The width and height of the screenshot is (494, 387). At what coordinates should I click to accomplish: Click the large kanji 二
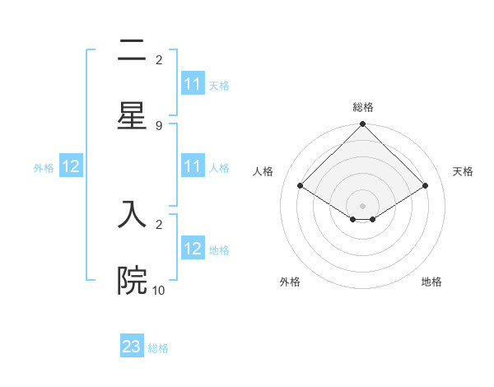pyautogui.click(x=132, y=53)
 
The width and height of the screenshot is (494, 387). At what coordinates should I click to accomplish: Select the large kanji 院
pyautogui.click(x=132, y=281)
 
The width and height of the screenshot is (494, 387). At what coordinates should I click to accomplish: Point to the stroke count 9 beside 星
pyautogui.click(x=158, y=126)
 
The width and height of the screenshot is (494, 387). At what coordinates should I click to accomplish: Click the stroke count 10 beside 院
pyautogui.click(x=159, y=290)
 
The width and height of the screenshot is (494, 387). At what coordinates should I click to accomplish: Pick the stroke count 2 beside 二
pyautogui.click(x=158, y=60)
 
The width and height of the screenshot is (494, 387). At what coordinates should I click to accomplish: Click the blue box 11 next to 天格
pyautogui.click(x=193, y=84)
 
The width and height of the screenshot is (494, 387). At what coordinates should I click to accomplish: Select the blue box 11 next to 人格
pyautogui.click(x=193, y=166)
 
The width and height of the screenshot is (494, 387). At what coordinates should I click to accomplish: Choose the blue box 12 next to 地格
pyautogui.click(x=193, y=249)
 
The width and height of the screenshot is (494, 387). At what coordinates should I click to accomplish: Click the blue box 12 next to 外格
pyautogui.click(x=71, y=166)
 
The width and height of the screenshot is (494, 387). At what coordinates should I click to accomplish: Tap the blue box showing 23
pyautogui.click(x=132, y=347)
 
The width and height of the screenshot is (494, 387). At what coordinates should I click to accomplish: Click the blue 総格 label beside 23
pyautogui.click(x=158, y=348)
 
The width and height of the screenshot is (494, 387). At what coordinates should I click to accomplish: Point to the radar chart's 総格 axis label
pyautogui.click(x=363, y=107)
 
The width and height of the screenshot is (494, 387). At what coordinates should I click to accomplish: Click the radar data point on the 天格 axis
pyautogui.click(x=426, y=185)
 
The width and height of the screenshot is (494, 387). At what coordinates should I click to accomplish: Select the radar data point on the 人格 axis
pyautogui.click(x=300, y=185)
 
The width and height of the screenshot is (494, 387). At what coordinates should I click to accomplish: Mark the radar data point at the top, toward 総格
pyautogui.click(x=363, y=125)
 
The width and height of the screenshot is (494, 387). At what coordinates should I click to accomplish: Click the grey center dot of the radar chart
pyautogui.click(x=363, y=205)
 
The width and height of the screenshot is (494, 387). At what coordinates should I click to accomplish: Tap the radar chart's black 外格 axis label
pyautogui.click(x=290, y=282)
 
